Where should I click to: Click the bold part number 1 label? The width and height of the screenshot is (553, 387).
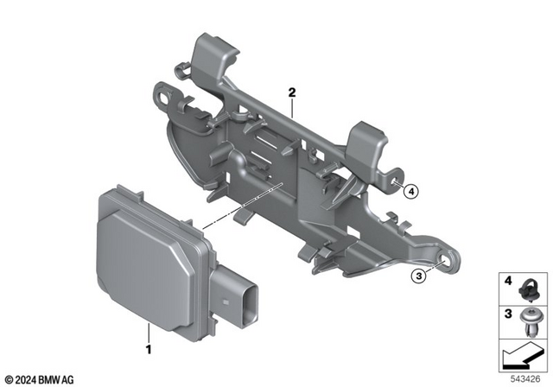149,351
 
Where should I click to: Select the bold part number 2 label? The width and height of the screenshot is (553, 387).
292,91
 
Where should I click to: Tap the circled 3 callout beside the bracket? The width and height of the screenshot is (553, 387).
418,276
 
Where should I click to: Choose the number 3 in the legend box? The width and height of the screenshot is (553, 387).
509,311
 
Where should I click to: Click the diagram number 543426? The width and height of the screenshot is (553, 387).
524,377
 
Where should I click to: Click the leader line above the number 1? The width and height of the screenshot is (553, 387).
149,332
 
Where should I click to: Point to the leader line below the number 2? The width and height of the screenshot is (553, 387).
292,108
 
